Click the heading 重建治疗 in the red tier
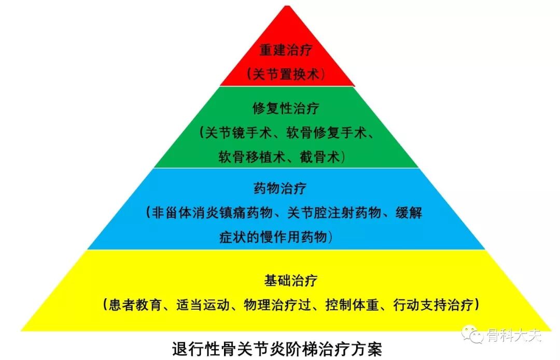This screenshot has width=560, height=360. point(287,50)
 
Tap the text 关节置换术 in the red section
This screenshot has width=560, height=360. point(287,74)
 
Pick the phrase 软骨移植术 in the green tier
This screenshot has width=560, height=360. point(249,157)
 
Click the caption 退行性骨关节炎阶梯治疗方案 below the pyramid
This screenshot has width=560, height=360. point(277,348)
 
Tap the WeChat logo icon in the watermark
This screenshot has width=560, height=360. point(472,334)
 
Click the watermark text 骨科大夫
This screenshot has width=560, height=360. point(513,335)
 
